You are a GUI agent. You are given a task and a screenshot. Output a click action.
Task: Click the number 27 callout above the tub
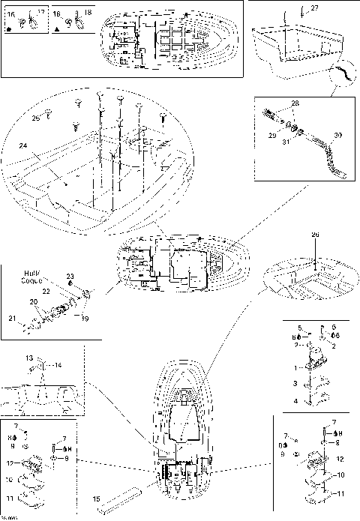tap(314, 7)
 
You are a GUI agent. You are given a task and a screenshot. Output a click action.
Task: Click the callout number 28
tap(295, 103)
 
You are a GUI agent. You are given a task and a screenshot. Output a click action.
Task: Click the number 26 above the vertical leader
tap(315, 235)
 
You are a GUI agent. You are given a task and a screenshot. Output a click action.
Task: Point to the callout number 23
tap(70, 277)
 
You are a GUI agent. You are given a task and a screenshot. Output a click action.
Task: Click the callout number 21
tap(12, 319)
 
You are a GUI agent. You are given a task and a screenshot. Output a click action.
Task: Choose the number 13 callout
tap(30, 358)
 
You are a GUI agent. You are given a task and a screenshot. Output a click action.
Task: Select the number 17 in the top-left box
tap(40, 13)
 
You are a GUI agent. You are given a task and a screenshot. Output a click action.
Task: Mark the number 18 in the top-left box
tap(88, 13)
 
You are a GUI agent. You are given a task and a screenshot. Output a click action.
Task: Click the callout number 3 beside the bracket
tap(295, 383)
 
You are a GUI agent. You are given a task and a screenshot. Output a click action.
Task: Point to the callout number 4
tap(295, 401)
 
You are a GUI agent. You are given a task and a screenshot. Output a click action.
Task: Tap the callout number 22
tap(44, 291)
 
